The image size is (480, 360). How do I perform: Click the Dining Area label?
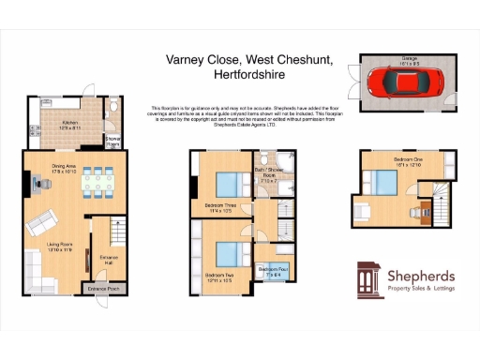click(x=65, y=170)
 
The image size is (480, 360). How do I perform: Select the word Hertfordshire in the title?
click(x=248, y=73)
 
